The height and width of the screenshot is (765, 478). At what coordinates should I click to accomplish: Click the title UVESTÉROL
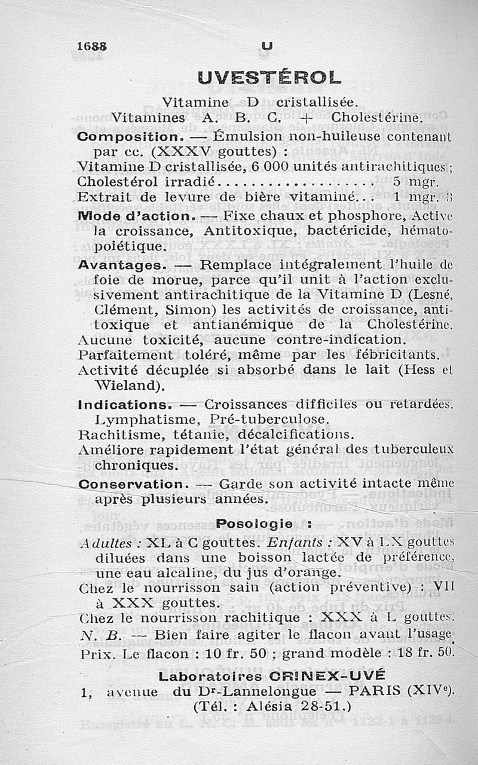[x=269, y=77]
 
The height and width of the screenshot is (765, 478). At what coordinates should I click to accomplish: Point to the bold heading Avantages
[x=119, y=264]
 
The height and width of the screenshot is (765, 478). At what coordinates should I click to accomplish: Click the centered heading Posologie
[x=255, y=524]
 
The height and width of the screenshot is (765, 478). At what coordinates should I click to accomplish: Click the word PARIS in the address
[x=375, y=692]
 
